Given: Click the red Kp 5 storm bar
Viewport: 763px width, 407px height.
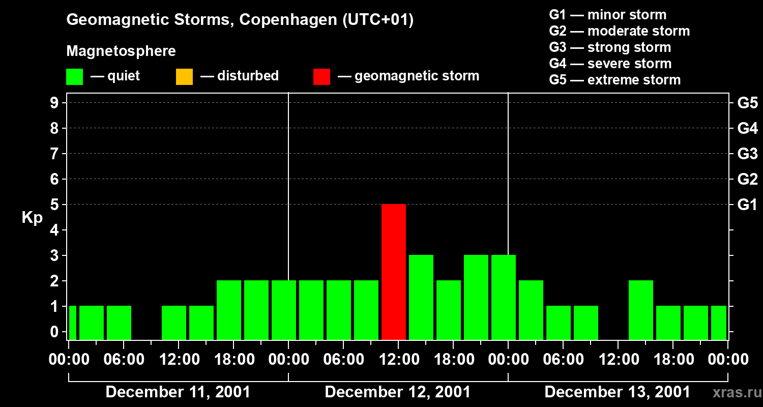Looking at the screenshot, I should pos(394,272).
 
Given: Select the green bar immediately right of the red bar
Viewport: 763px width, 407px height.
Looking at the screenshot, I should pos(421,297).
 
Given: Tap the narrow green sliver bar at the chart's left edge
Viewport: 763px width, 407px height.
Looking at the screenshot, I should pos(72,323).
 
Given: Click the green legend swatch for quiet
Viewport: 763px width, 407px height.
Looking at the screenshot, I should pos(75,77).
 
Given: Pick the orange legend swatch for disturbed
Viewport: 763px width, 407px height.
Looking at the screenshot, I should pos(184,77).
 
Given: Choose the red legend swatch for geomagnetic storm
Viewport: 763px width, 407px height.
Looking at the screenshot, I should pos(321,77).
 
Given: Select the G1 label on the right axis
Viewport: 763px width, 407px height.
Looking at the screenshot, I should pos(747,205).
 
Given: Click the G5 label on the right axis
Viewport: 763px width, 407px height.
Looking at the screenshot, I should pos(747,103).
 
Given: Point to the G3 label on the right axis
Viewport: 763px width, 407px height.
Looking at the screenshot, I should pos(747,154).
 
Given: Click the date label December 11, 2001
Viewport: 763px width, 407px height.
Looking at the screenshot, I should pos(178,392).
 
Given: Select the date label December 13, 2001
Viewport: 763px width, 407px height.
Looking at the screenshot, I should pos(618,392).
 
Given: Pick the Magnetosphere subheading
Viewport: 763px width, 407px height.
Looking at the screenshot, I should pos(121,51).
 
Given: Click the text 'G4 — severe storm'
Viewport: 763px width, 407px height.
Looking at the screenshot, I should pos(610,64).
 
